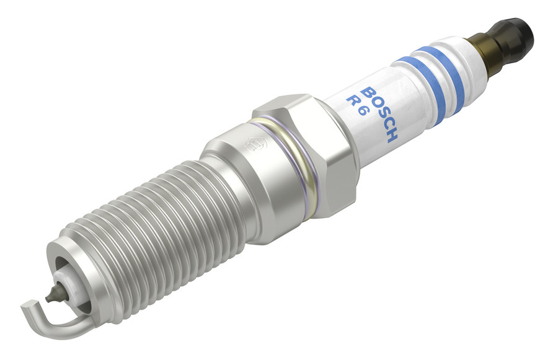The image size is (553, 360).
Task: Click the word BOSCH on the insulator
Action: pos(381,114)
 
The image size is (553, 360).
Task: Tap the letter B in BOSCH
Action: pos(368,92)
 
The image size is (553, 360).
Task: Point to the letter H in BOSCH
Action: pos(392,136)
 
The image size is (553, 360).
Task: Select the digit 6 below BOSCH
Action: pos(363,112)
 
